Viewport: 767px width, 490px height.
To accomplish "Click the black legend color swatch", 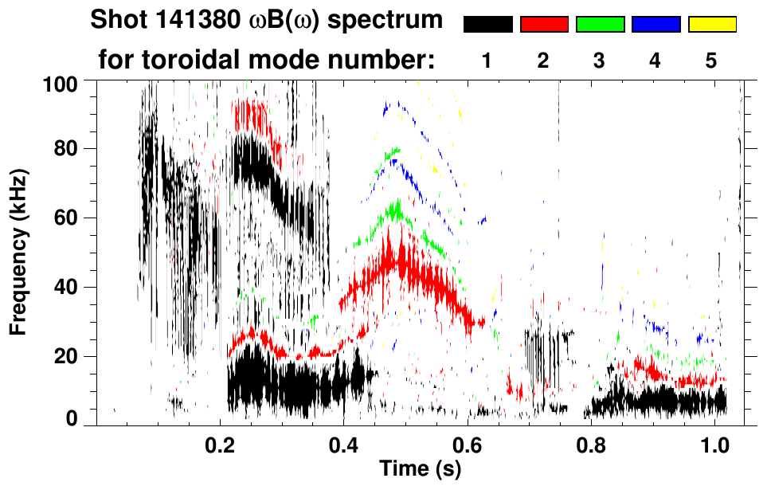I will [x=487, y=25].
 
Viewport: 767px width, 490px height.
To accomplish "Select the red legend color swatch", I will [x=544, y=25].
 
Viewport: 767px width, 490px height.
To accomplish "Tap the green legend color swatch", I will [x=600, y=25].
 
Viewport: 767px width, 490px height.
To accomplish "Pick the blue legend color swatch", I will [x=655, y=25].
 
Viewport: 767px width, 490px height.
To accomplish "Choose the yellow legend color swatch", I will [x=711, y=25].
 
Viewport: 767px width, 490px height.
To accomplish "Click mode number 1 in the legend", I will [x=487, y=61].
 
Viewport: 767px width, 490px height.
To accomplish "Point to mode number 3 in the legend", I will [x=600, y=61].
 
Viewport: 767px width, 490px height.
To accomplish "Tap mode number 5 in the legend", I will [x=711, y=61].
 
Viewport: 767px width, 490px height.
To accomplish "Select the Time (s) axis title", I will [x=419, y=470].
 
